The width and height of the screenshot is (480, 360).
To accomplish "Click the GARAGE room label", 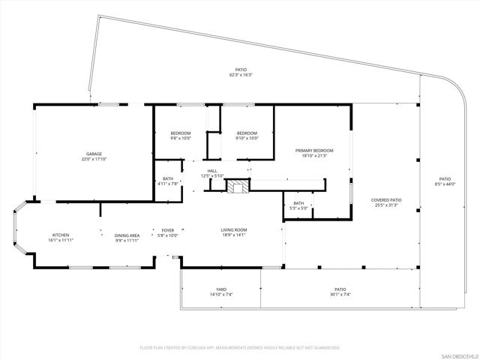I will click(94, 154).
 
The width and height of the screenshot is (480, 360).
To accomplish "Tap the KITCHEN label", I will click(61, 235).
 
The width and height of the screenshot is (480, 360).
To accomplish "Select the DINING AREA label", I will click(127, 235).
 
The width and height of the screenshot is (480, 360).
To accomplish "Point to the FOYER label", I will click(168, 230).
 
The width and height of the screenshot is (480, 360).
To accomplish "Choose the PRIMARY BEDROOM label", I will click(314, 151).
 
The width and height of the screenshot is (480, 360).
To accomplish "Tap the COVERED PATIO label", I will click(386, 200).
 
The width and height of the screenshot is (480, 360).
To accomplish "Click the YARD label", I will click(221, 289).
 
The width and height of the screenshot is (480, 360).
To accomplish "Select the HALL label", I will click(213, 171).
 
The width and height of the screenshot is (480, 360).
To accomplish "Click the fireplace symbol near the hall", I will click(238, 187).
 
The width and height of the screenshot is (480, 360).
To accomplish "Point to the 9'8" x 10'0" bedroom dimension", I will click(181, 138).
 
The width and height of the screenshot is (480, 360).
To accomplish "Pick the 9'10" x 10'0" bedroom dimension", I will click(247, 138).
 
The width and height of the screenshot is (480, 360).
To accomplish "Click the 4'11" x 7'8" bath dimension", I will click(168, 183).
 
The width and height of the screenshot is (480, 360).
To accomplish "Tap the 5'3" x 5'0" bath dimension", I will click(298, 207).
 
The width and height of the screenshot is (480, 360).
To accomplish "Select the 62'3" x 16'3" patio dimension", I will click(241, 74).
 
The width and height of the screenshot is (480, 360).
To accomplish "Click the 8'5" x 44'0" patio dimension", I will click(445, 184).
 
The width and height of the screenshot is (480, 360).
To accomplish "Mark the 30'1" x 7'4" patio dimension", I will click(340, 294).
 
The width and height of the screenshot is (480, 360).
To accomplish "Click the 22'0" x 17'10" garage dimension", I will click(94, 159).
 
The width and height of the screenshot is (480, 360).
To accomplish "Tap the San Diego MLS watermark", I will click(458, 354).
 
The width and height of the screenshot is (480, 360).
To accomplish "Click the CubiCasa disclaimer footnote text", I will click(240, 348).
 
